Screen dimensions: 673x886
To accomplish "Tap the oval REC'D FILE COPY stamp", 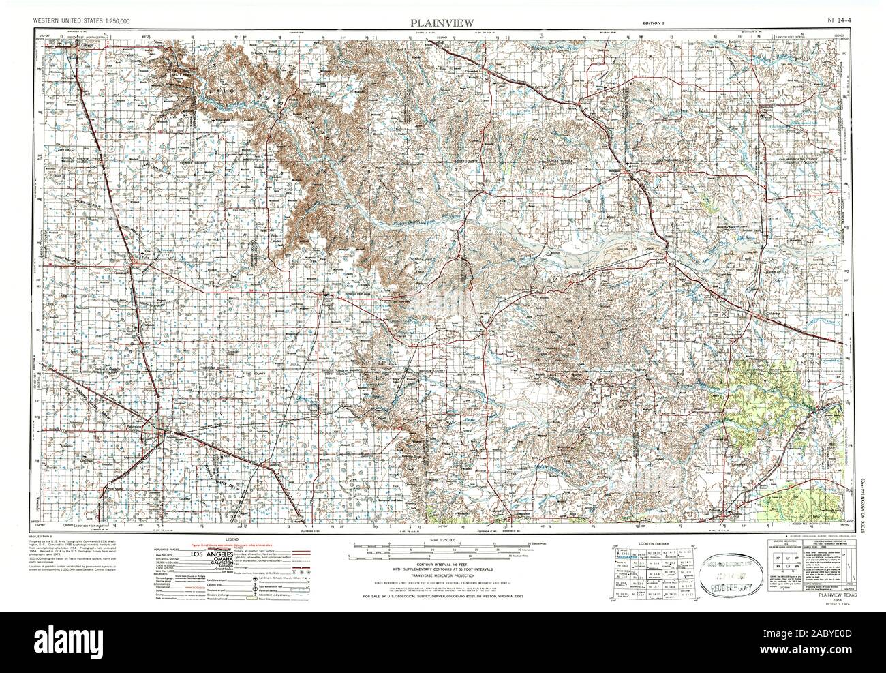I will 714,565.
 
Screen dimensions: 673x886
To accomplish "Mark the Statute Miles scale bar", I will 443,550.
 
